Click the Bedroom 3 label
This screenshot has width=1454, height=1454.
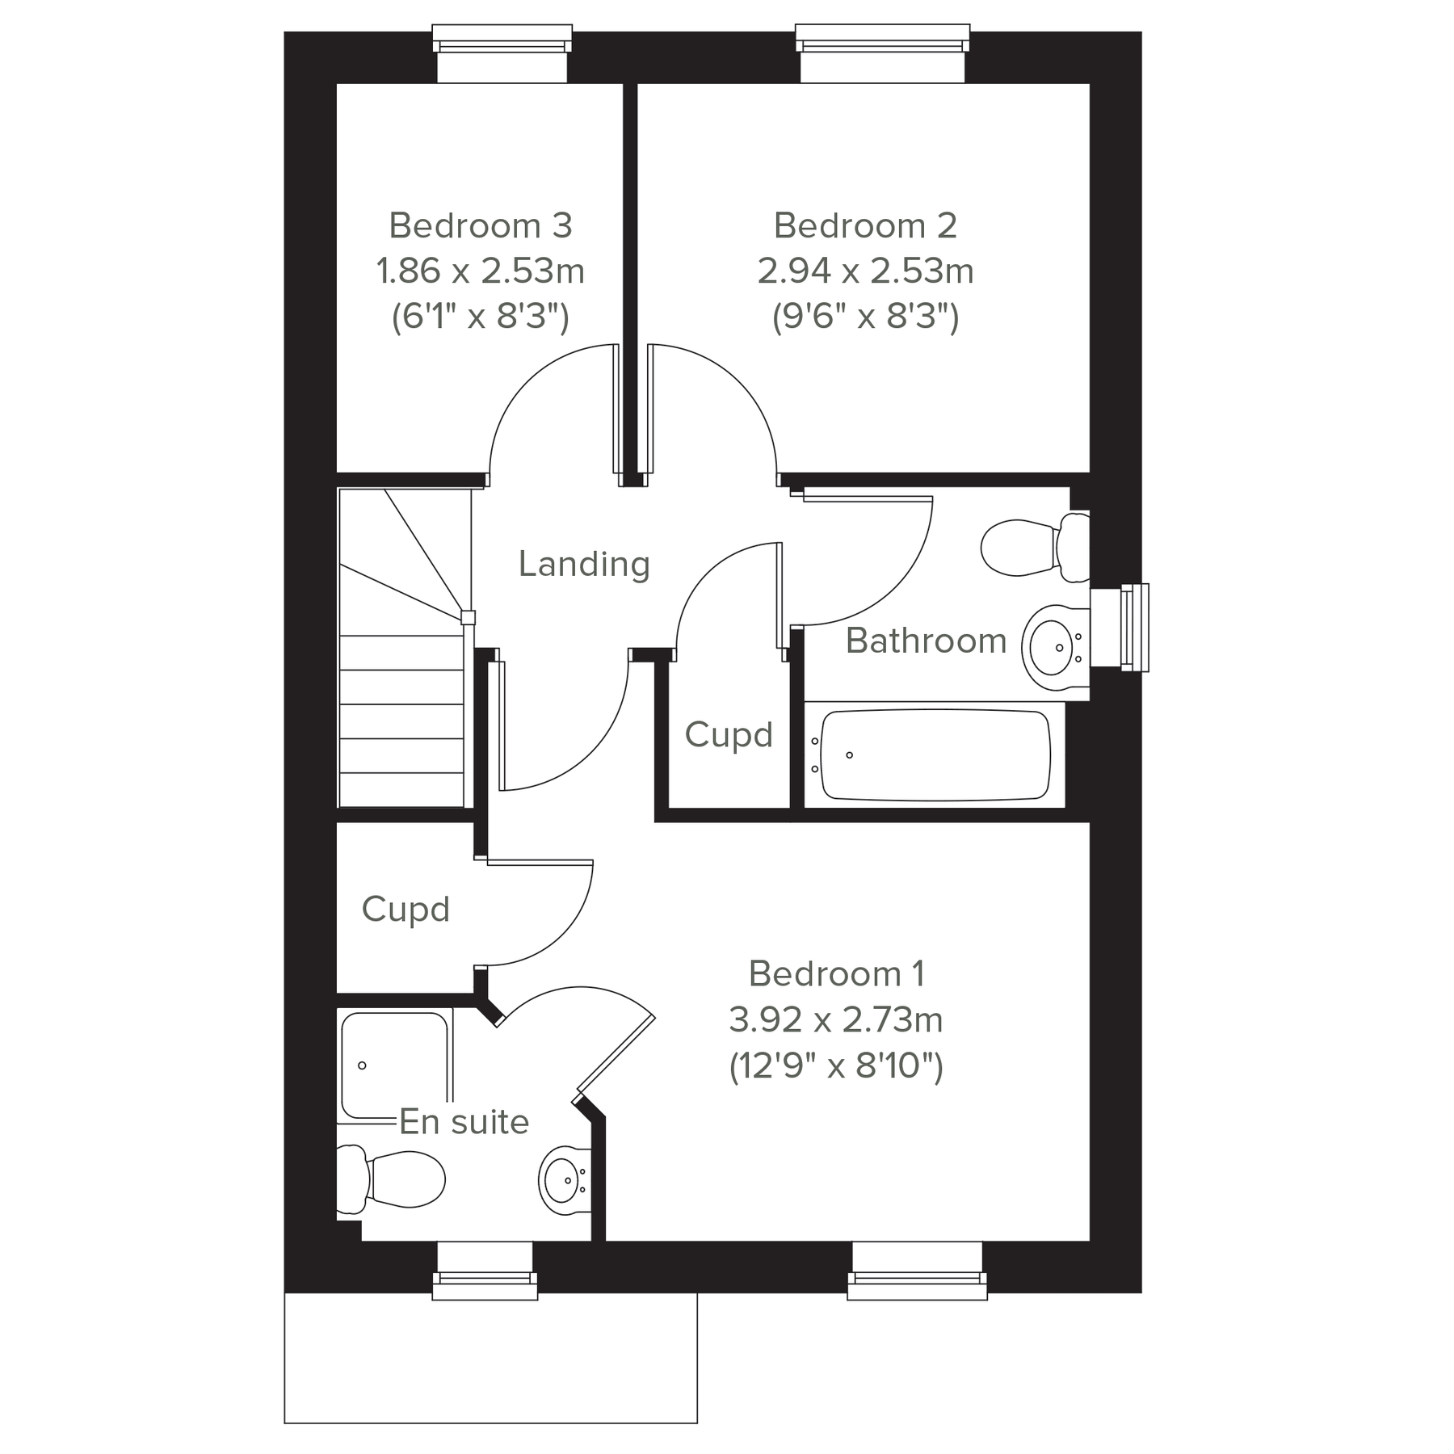(481, 225)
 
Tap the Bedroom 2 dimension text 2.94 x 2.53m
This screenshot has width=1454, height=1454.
(865, 271)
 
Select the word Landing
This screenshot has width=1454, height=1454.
(584, 564)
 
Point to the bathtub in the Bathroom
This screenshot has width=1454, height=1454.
(935, 754)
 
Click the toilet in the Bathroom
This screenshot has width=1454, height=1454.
(1034, 547)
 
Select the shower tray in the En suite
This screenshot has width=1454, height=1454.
(394, 1065)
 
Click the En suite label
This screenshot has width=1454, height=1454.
(464, 1122)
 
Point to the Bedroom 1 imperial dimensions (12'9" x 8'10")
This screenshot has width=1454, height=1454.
(836, 1066)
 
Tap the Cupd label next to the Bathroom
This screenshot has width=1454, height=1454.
(729, 735)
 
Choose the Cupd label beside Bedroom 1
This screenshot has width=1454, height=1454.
(406, 910)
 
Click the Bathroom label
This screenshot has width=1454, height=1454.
(926, 641)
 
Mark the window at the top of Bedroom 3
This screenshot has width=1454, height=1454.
(502, 53)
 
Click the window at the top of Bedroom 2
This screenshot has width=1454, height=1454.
(882, 53)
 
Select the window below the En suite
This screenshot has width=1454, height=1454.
(485, 1271)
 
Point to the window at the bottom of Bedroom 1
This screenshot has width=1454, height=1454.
(917, 1271)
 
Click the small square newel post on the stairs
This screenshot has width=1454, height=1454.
(468, 618)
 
